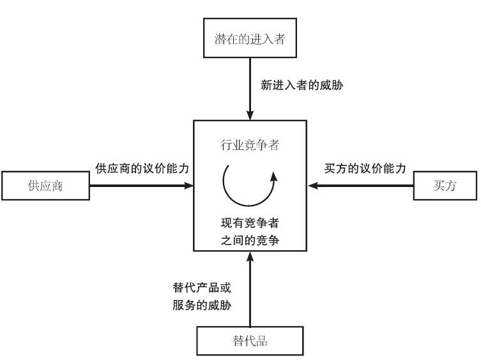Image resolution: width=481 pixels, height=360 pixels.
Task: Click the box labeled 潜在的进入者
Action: click(x=249, y=38)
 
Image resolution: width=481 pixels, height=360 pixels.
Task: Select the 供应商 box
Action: click(x=47, y=186)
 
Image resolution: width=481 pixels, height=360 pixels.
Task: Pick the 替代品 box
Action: click(x=250, y=341)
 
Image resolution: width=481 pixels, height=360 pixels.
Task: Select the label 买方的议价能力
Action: click(x=365, y=169)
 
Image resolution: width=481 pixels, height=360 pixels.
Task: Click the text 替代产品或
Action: click(x=201, y=287)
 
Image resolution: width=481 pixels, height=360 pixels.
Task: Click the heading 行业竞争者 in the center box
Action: click(x=250, y=146)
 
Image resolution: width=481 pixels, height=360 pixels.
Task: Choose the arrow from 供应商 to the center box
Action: click(x=141, y=186)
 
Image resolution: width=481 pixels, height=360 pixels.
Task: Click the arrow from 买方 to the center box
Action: click(x=362, y=186)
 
